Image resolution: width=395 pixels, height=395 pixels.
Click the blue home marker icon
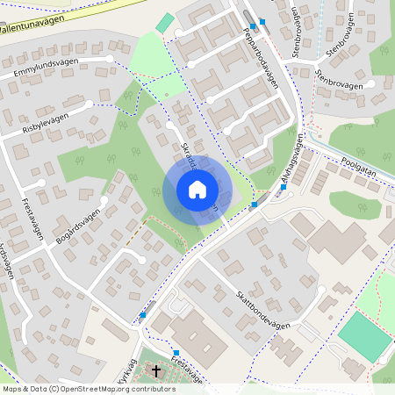(x=197, y=190)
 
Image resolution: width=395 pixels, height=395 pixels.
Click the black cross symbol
(x=157, y=372)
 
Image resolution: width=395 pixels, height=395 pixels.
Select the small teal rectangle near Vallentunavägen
(x=165, y=23)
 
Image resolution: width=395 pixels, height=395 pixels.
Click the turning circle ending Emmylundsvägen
(x=110, y=59)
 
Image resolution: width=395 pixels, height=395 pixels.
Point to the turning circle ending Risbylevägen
(x=90, y=104)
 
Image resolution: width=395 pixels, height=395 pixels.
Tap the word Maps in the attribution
(x=12, y=389)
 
